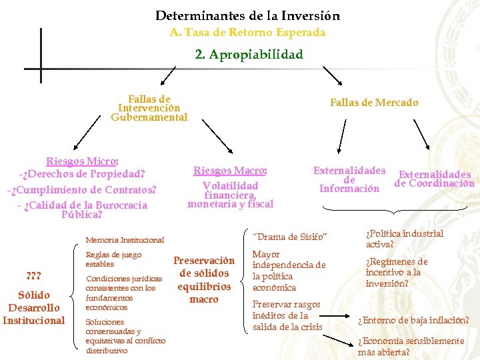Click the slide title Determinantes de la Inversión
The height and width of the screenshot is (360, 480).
[247, 15]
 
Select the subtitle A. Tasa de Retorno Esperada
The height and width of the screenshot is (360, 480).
[247, 32]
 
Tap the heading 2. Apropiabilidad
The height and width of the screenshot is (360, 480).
[249, 55]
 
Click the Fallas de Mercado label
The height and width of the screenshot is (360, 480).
[374, 102]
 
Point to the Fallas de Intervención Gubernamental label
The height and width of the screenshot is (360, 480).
[149, 108]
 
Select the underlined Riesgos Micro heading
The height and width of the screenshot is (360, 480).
[82, 161]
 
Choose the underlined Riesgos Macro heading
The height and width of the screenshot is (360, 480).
[230, 170]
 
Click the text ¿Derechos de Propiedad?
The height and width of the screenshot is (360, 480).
[82, 175]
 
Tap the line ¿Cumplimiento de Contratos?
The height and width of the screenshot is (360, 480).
[81, 190]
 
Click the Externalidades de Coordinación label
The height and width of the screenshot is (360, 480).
[434, 179]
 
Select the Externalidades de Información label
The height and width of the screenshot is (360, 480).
[349, 179]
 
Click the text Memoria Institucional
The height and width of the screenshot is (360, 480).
[125, 240]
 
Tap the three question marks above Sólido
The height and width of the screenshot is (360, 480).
[33, 276]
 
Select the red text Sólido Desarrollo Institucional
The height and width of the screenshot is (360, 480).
[33, 307]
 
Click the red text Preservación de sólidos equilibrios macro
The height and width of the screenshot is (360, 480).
[204, 280]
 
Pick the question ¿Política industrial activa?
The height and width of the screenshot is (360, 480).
[404, 239]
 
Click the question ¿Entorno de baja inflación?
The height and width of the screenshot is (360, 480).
[413, 320]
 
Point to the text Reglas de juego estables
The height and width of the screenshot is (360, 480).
[113, 259]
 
